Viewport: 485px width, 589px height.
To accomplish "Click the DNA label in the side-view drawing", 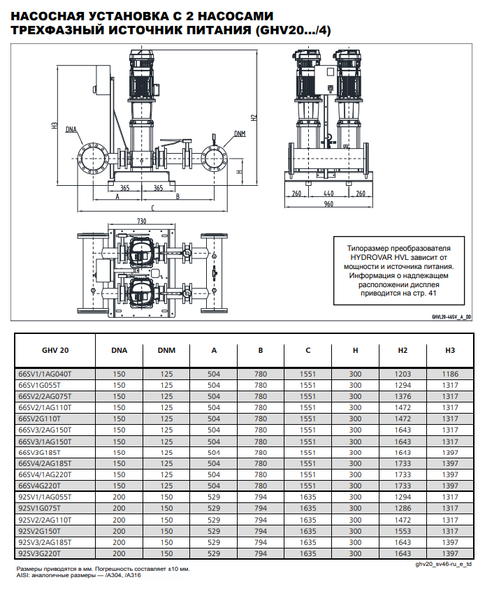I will click(71, 129).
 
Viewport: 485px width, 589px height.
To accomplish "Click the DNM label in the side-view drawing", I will click(240, 133).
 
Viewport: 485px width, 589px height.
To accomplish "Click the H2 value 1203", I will click(403, 374).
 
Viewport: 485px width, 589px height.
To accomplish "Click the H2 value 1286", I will click(403, 509).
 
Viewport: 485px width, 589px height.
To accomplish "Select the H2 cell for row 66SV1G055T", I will click(403, 385).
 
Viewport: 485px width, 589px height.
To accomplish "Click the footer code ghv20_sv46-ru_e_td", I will click(443, 563).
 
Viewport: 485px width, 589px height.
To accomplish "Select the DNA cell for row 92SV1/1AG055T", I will click(119, 497).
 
